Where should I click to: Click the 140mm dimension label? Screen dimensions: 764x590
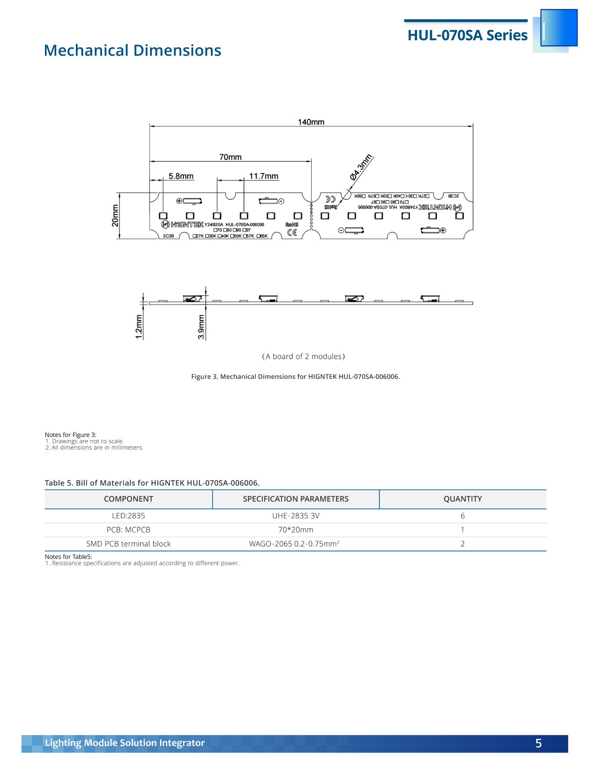click(x=311, y=122)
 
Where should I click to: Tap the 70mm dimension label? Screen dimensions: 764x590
click(x=230, y=157)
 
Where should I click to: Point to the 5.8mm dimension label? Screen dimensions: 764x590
click(x=181, y=176)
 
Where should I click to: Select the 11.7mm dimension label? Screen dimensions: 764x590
click(x=263, y=176)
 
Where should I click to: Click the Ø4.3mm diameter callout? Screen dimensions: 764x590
click(x=361, y=167)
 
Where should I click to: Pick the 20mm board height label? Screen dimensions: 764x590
click(x=115, y=216)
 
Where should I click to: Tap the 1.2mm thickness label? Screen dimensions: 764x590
click(x=139, y=327)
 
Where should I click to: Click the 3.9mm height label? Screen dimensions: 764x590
click(x=201, y=327)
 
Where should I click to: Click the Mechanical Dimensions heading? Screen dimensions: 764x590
click(x=132, y=51)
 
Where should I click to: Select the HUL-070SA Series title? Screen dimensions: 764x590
click(x=467, y=35)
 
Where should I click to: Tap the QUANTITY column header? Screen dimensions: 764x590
click(x=462, y=499)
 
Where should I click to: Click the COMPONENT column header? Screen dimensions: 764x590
click(x=129, y=499)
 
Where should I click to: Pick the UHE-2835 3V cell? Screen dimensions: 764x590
click(x=296, y=516)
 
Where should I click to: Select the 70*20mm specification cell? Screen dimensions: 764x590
click(x=296, y=530)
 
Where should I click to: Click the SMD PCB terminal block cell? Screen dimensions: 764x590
click(x=129, y=544)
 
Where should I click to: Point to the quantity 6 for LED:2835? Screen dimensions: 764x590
click(x=462, y=516)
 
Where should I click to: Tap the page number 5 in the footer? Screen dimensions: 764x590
click(x=538, y=743)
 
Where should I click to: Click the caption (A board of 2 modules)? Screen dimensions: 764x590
click(x=303, y=357)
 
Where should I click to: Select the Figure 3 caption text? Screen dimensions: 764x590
click(x=295, y=376)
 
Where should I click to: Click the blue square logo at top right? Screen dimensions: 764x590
click(x=559, y=28)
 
